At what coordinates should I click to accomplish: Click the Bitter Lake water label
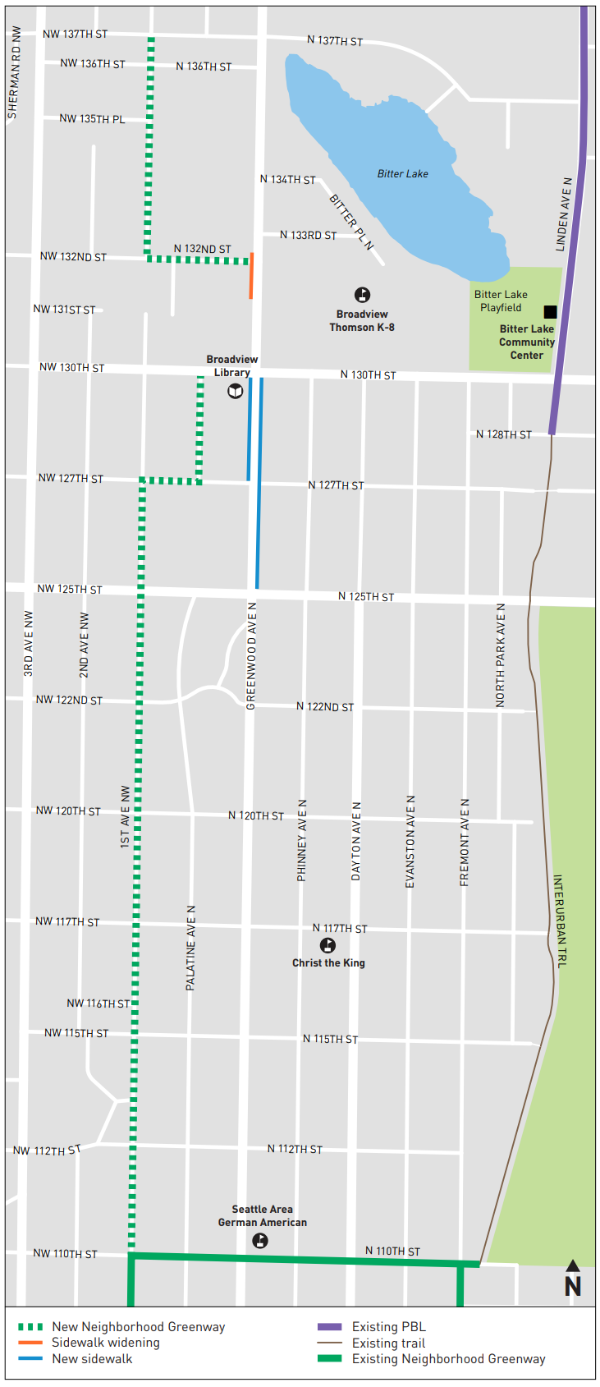click(402, 174)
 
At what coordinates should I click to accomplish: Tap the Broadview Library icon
click(236, 391)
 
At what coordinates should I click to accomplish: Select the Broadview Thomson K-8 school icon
click(362, 295)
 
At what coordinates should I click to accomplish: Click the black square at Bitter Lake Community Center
click(550, 312)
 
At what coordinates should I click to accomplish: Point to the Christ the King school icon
click(327, 946)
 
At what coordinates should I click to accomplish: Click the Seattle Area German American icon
click(260, 1241)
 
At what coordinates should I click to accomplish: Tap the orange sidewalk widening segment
click(251, 276)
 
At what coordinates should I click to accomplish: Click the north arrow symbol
click(573, 1279)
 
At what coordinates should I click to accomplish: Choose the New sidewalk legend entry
click(91, 1359)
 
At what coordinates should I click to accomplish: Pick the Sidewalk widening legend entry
click(105, 1343)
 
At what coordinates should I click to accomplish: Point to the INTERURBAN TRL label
click(559, 921)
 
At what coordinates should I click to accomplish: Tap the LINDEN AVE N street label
click(563, 214)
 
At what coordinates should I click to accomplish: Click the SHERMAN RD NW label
click(13, 72)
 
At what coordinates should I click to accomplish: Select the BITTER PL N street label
click(351, 222)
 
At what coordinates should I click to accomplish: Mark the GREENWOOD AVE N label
click(252, 655)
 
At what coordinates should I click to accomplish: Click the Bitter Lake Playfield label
click(501, 301)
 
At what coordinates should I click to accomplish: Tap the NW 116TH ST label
click(98, 1004)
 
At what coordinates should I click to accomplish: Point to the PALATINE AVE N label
click(190, 948)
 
